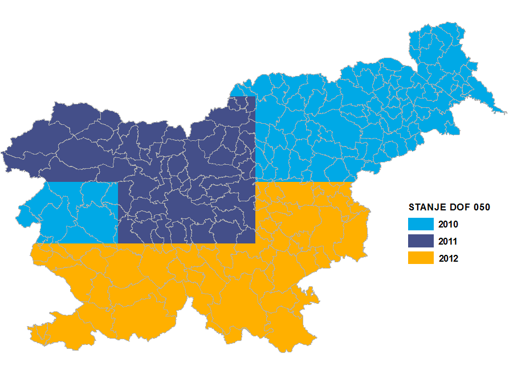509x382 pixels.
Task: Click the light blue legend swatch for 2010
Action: (x=421, y=224)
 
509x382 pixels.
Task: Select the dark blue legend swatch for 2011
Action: (x=421, y=241)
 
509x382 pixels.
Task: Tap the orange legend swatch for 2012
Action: (x=421, y=258)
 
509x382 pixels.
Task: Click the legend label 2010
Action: (x=449, y=225)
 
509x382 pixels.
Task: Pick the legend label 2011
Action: (x=449, y=242)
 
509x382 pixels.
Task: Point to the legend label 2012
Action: (x=449, y=259)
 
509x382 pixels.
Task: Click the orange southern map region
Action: (x=199, y=285)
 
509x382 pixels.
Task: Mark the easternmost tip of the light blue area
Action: (x=505, y=112)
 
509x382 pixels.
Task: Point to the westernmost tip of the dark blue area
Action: (x=2, y=153)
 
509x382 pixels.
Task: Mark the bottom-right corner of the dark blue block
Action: (x=254, y=243)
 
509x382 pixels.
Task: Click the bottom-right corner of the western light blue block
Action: (x=117, y=243)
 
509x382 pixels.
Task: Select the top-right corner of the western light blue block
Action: (x=117, y=183)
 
